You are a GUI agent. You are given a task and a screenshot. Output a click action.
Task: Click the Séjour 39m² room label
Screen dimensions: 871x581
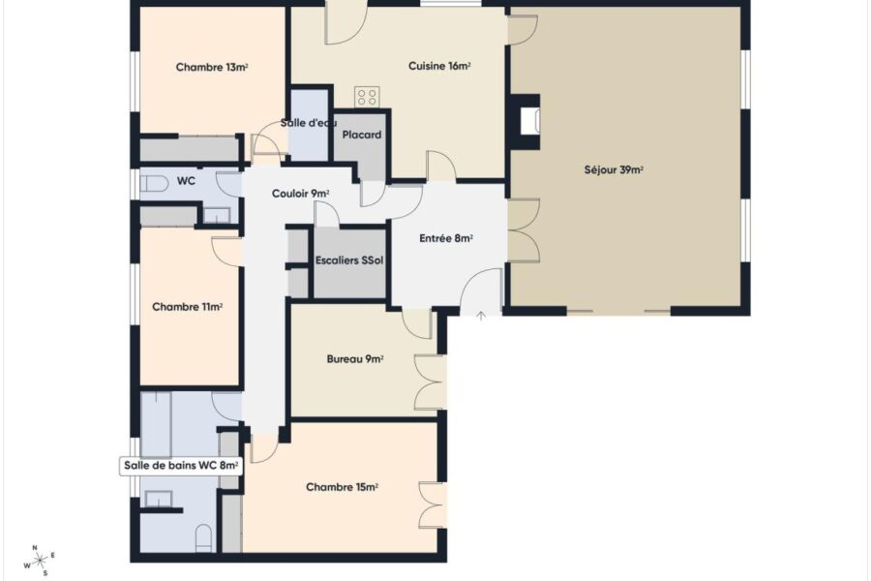tap(614, 170)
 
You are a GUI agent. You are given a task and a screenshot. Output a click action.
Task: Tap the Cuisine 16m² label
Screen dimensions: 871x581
tap(439, 66)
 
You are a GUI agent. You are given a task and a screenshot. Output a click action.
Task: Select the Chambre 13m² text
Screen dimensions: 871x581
tap(212, 67)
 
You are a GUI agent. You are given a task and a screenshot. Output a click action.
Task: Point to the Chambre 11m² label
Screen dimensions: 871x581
tap(187, 307)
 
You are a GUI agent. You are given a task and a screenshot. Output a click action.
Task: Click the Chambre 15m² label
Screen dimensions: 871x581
tap(342, 488)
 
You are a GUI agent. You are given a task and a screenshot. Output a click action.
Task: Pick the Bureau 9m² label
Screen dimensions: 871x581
tap(355, 359)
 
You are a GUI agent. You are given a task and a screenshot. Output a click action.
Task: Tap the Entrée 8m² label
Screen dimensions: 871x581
tap(446, 238)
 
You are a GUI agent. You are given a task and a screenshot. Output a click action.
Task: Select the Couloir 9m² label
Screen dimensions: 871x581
tap(301, 194)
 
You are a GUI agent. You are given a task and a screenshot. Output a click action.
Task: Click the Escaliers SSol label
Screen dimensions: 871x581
tap(349, 260)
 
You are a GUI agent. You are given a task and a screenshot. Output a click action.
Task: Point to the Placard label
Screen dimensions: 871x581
tap(362, 136)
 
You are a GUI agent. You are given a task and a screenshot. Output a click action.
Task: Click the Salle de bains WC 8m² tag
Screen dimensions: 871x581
tap(181, 466)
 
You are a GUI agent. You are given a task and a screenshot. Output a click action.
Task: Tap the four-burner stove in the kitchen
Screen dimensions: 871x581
tap(367, 97)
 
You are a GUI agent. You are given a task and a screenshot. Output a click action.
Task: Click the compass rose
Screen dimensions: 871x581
tap(40, 561)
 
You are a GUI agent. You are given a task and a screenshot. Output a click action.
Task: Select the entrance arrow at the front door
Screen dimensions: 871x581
tap(481, 317)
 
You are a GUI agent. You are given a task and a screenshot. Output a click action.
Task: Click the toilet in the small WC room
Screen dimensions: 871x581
tap(154, 184)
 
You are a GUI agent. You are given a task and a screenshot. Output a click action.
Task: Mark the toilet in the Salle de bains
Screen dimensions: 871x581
tap(204, 537)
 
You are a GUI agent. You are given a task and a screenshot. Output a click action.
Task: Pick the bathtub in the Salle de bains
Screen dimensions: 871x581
tap(156, 425)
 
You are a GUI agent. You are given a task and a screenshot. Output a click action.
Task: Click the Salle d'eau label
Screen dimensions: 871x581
tap(309, 123)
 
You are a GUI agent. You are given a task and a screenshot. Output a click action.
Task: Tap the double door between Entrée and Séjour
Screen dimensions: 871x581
tap(524, 229)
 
